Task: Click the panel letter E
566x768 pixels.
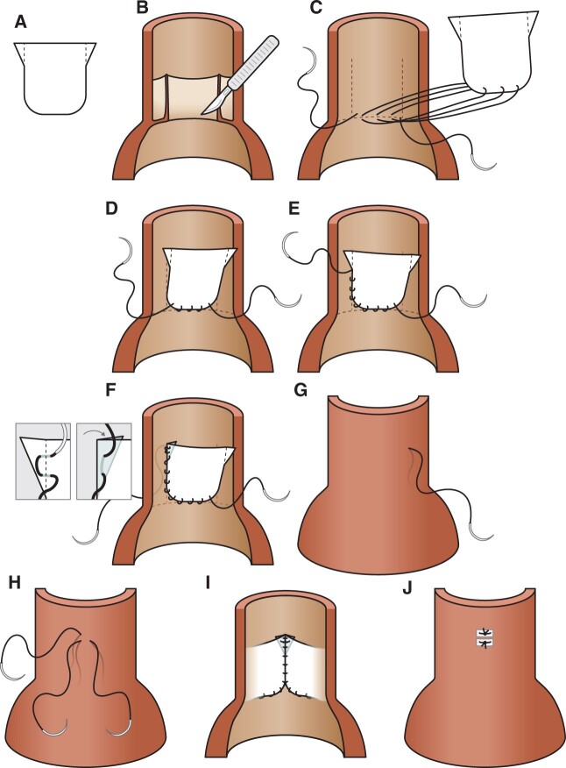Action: click(x=283, y=210)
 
